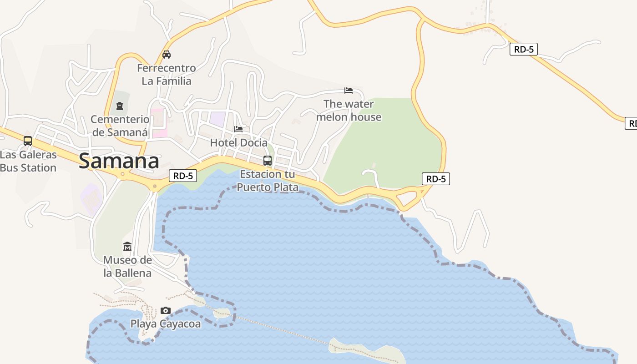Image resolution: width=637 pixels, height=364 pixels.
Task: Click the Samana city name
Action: [x=119, y=161]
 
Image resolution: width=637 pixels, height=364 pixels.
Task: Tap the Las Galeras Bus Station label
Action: [x=28, y=161]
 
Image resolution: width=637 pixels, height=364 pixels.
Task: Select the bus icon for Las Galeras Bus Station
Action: [x=28, y=141]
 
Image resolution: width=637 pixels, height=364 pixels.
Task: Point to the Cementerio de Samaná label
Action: [x=120, y=126]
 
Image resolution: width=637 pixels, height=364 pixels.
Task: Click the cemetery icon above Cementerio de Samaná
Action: [x=120, y=106]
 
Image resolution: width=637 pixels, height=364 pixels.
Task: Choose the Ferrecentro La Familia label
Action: [x=167, y=75]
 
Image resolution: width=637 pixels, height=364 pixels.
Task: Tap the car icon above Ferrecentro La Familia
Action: [x=167, y=55]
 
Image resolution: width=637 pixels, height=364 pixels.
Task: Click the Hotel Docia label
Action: [x=239, y=142]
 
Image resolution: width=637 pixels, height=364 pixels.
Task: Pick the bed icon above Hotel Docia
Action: [x=238, y=129]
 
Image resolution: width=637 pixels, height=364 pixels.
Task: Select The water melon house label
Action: [x=349, y=111]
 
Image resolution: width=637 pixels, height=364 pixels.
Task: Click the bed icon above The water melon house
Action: [x=349, y=90]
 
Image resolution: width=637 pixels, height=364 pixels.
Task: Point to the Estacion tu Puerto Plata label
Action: [x=268, y=181]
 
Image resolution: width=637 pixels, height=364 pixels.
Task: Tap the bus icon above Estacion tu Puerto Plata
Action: [x=268, y=161]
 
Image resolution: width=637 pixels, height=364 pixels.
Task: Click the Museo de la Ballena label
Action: [x=127, y=267]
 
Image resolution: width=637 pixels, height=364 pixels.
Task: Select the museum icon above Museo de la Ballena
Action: [x=127, y=247]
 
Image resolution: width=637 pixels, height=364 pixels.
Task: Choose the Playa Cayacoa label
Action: [x=166, y=324]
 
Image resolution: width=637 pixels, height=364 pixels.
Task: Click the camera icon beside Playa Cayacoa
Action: [x=166, y=311]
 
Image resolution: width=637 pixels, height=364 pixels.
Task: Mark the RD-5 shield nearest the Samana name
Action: [x=183, y=176]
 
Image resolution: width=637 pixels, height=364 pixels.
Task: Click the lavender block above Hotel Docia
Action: [x=217, y=119]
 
